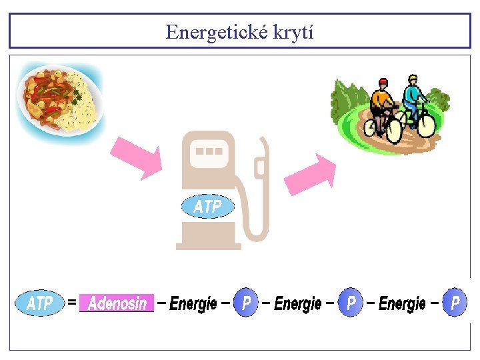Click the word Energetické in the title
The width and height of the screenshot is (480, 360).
[216, 31]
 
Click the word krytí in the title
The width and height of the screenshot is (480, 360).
[293, 32]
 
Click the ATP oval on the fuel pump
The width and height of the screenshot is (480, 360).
[207, 207]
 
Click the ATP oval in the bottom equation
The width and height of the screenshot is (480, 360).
[40, 303]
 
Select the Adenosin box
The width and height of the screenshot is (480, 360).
[117, 303]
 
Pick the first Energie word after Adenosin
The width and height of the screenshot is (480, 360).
[193, 304]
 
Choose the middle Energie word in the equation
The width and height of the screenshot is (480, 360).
[297, 304]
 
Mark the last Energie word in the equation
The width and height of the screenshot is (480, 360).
[402, 304]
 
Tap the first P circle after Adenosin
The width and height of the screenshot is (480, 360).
[247, 303]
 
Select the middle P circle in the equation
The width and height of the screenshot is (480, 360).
[351, 303]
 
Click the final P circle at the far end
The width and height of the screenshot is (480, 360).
[455, 303]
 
